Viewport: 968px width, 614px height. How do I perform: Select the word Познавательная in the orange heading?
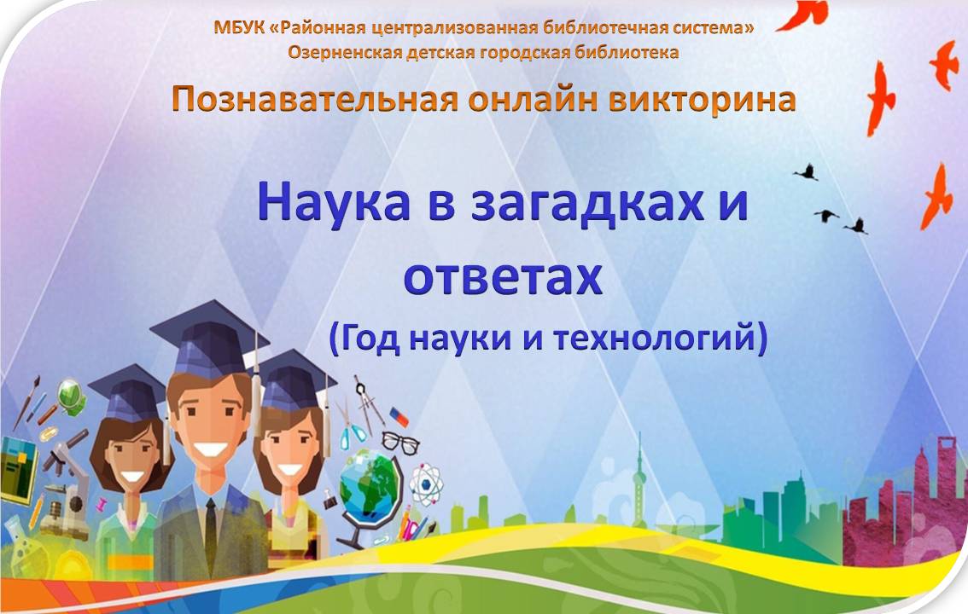click(x=314, y=99)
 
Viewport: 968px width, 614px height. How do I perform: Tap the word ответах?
click(x=503, y=277)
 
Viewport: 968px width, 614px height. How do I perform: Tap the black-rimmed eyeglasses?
click(x=400, y=443)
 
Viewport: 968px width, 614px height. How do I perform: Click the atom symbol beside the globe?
click(x=426, y=484)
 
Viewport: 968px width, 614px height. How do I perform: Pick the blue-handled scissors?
click(x=352, y=426)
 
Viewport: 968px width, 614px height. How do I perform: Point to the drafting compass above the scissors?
click(x=368, y=403)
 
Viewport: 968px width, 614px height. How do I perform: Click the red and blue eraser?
click(x=399, y=417)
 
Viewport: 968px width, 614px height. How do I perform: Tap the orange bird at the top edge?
click(x=802, y=15)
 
